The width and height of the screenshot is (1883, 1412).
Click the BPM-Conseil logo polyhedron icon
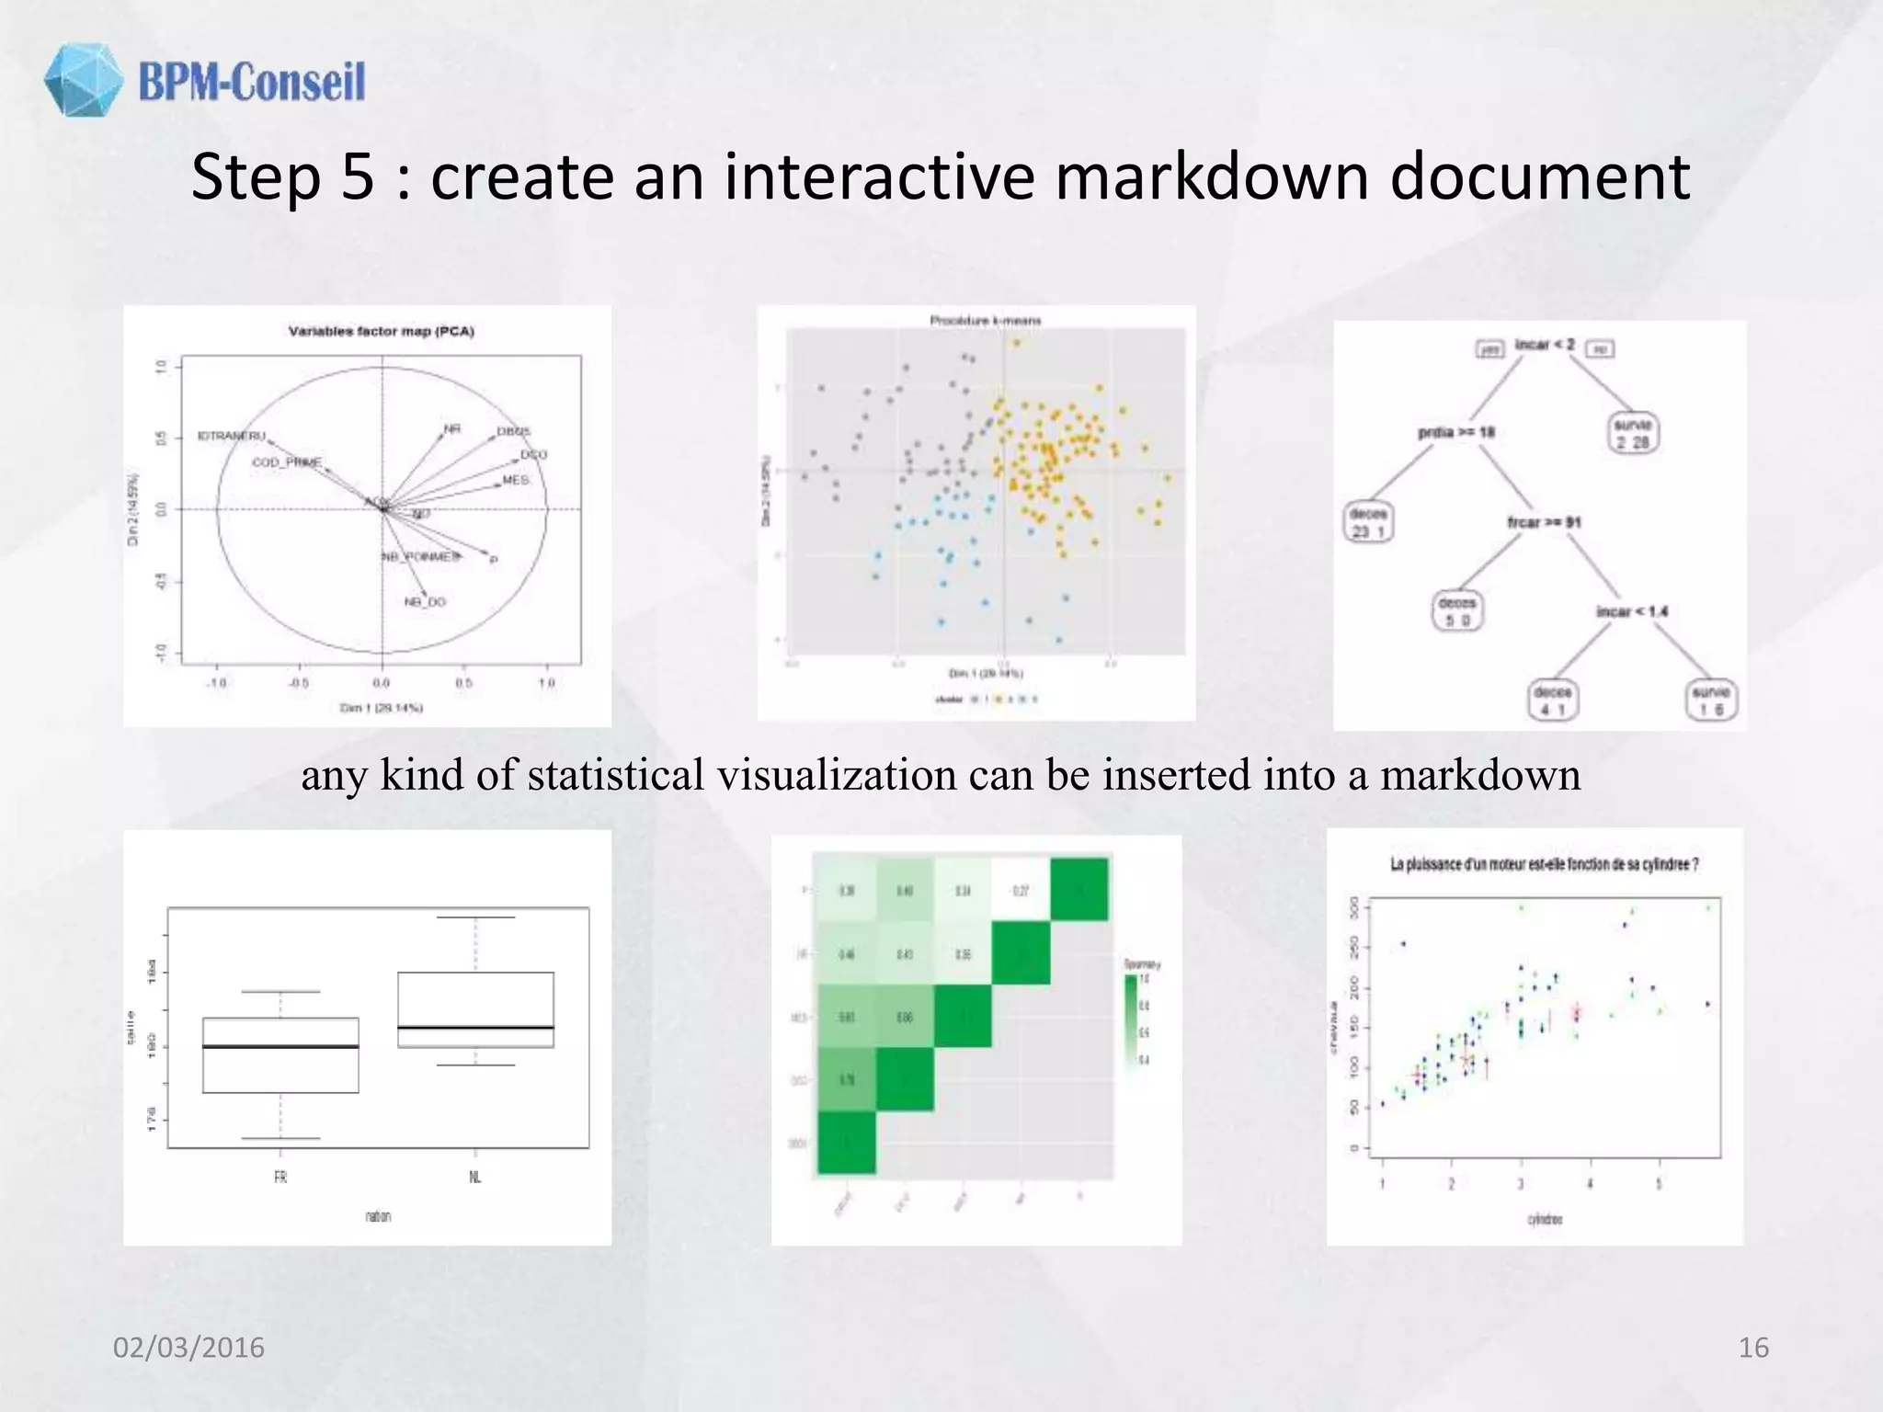pos(83,80)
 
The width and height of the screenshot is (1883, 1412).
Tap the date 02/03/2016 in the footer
pos(188,1347)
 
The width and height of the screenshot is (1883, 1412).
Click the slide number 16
pos(1753,1347)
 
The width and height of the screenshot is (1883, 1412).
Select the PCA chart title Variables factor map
pos(381,331)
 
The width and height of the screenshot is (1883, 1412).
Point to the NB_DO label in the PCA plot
pos(425,602)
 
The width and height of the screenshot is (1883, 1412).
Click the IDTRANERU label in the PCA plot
pos(232,436)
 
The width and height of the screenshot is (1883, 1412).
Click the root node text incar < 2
pos(1545,345)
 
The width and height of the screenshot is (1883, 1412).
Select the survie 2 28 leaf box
pos(1633,433)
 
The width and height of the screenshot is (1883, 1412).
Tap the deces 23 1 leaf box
pos(1367,522)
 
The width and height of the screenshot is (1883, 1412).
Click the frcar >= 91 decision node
pos(1544,522)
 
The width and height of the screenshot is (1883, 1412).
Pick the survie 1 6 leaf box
pos(1710,700)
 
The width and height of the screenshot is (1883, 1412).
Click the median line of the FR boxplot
pos(280,1046)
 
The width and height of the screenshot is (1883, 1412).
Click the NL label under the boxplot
pos(475,1177)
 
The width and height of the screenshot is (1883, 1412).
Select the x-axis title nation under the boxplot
pos(378,1216)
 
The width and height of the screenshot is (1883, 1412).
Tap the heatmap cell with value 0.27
pos(1021,891)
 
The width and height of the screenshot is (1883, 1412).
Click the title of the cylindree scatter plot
pos(1544,864)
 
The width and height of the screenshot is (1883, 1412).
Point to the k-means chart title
pos(985,321)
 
